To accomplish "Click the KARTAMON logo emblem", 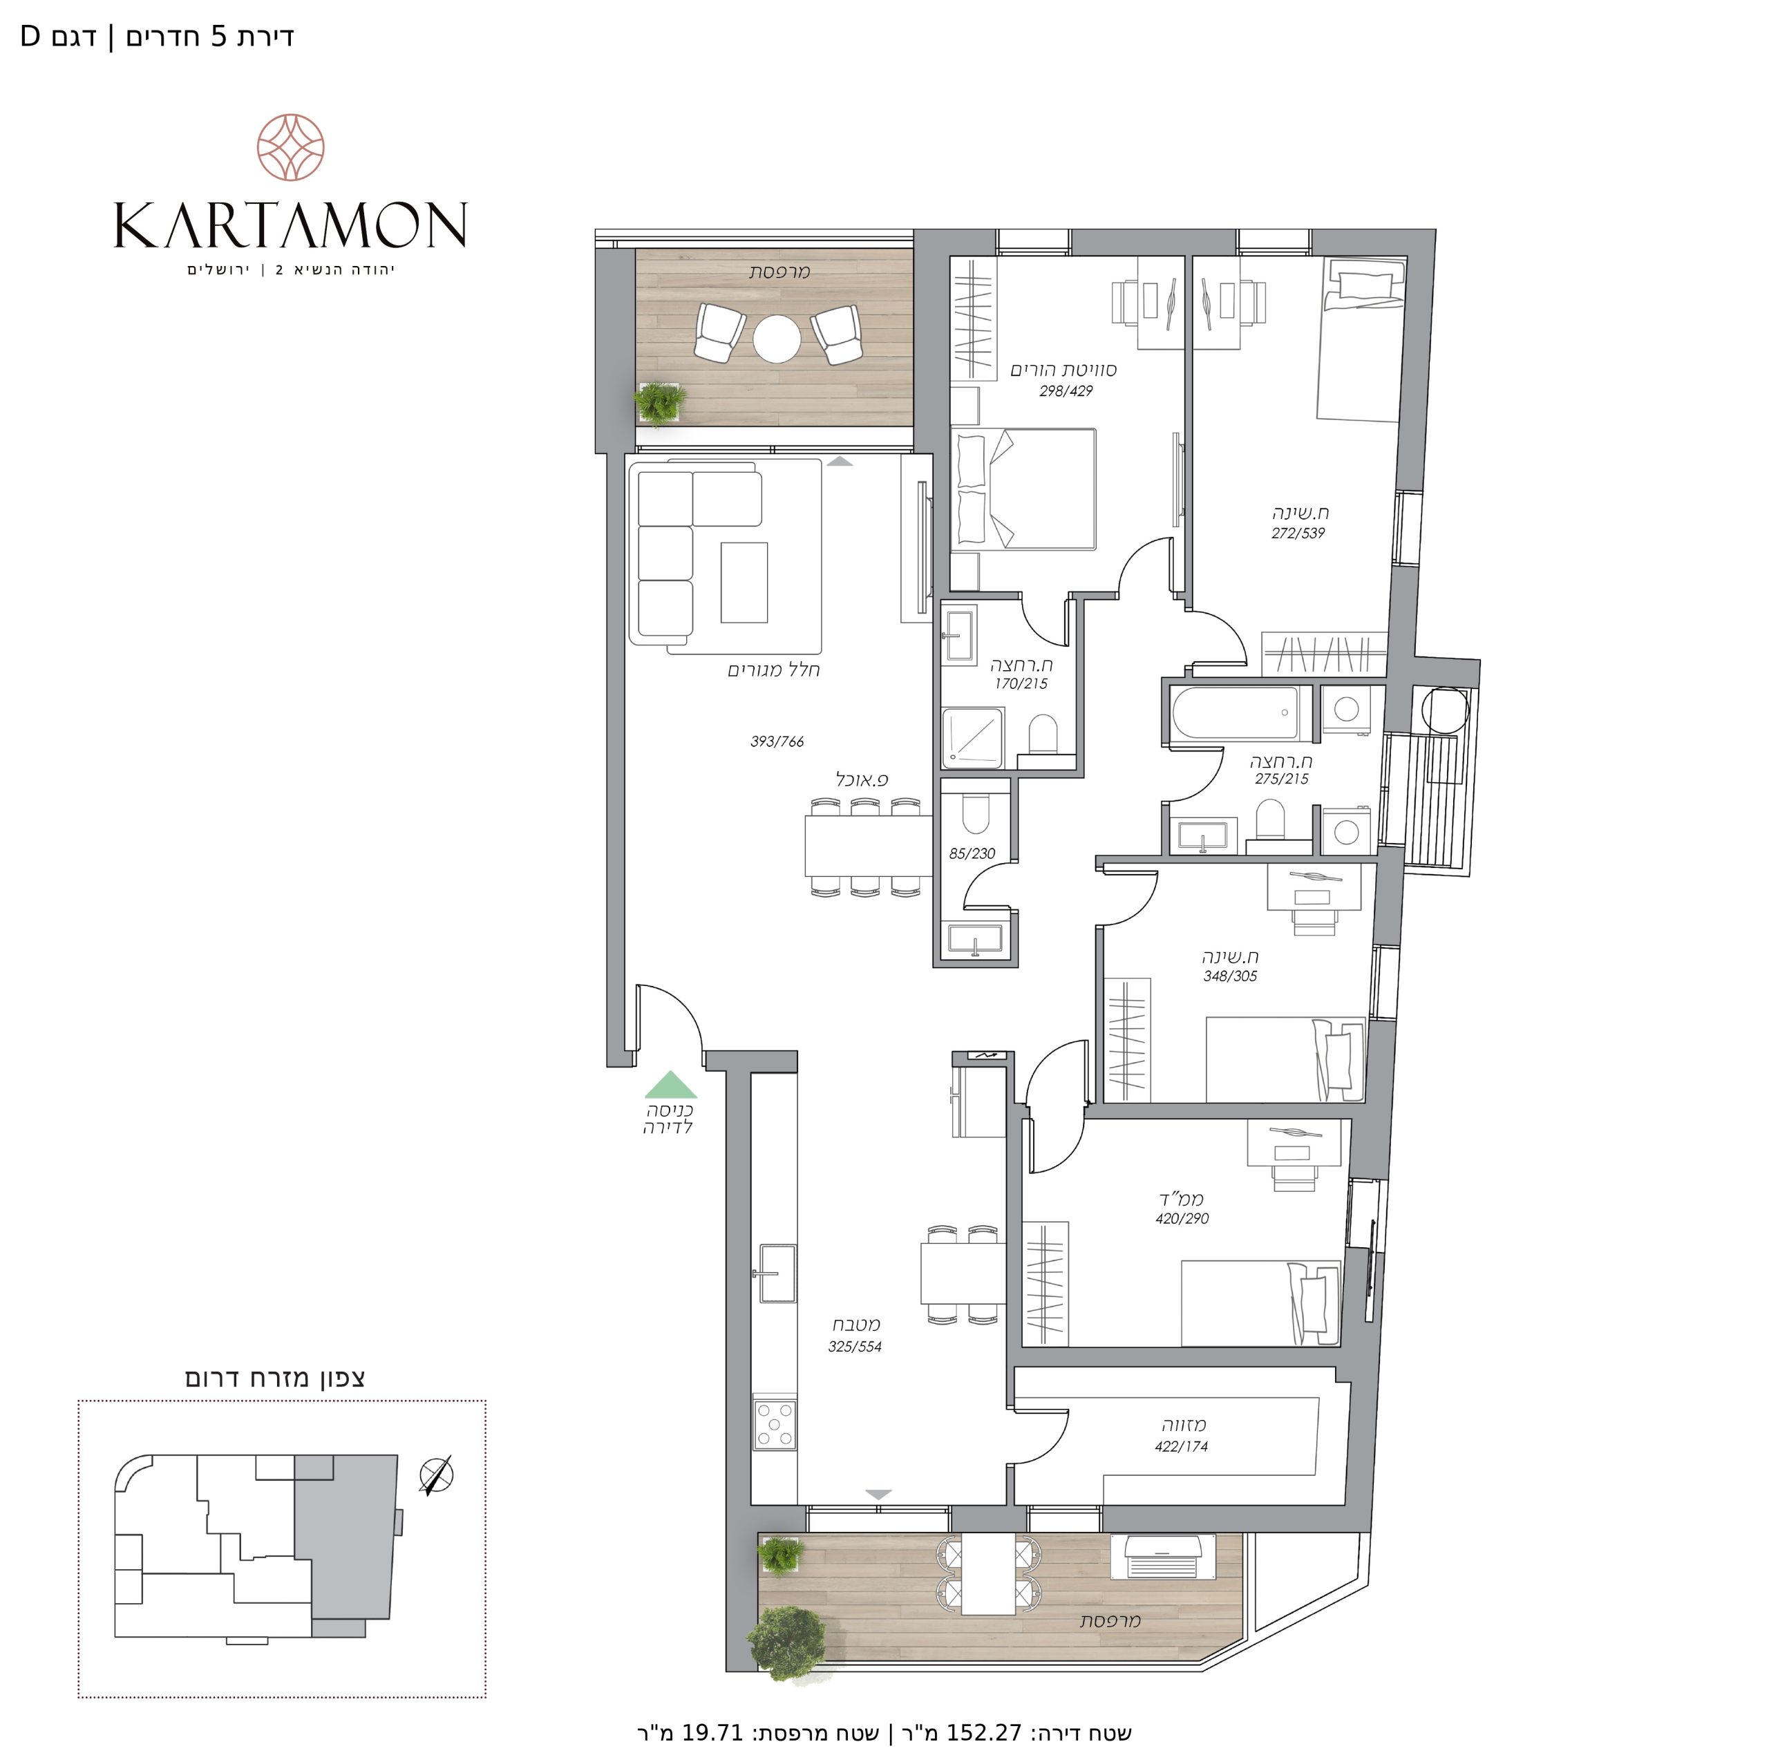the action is (291, 147).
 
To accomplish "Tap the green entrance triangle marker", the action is (671, 1086).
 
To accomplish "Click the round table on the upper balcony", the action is (777, 339).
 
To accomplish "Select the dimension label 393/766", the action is (777, 742).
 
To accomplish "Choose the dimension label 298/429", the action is (1066, 391).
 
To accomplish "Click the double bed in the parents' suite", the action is (1023, 490).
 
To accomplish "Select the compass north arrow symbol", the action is (436, 1475).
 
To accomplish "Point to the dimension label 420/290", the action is (1182, 1219).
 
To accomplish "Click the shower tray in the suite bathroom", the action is (974, 738).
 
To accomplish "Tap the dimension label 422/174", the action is (1181, 1447).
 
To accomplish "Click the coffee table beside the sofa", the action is (744, 582).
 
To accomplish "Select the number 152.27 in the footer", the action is (983, 1733).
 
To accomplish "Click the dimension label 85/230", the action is (972, 853).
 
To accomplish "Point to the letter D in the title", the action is (30, 37).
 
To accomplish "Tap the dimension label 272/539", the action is (1298, 533).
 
